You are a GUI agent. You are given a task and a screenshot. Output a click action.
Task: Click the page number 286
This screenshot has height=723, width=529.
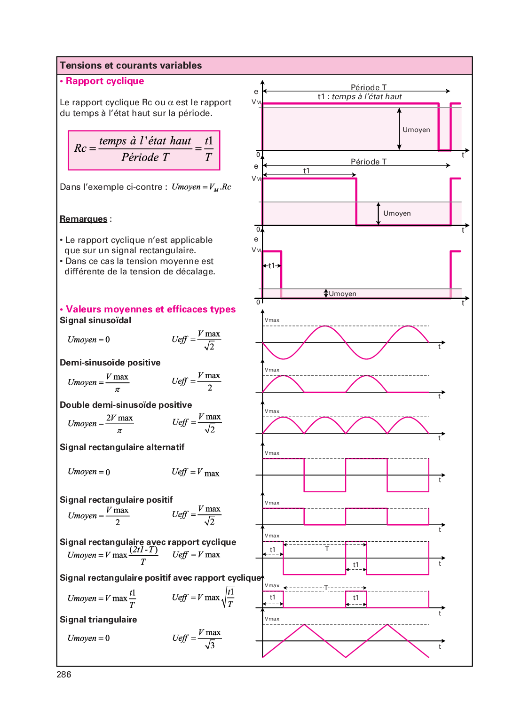64,675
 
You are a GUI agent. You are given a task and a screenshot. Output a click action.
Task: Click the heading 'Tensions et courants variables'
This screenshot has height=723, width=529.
131,65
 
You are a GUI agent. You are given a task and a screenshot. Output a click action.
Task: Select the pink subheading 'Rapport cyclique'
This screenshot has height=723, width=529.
104,81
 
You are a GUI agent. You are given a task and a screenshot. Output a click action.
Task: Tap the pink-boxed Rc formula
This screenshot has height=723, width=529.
144,150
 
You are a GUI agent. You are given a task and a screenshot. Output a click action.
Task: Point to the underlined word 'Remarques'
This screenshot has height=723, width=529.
84,219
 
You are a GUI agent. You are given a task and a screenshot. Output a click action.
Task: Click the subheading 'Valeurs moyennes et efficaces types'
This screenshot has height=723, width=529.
150,309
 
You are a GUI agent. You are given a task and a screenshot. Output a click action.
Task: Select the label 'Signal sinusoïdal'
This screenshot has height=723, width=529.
95,320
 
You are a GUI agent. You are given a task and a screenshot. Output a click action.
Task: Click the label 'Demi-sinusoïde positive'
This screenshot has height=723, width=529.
110,363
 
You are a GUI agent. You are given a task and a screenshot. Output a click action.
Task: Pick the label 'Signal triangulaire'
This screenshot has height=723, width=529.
98,620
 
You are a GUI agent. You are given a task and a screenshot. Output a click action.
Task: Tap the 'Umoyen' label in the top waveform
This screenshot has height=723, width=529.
416,130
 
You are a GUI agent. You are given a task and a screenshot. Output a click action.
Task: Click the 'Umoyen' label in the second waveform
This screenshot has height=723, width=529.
397,213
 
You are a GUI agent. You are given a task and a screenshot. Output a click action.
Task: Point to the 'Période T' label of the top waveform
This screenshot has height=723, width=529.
369,87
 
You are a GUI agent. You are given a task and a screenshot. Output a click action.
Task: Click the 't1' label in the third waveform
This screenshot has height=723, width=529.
272,265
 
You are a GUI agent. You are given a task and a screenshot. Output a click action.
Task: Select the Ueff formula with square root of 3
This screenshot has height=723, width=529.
197,638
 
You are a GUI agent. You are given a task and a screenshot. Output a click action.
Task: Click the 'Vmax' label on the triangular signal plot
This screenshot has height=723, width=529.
272,619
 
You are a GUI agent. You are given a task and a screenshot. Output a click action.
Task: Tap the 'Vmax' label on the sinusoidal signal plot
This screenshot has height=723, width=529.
272,320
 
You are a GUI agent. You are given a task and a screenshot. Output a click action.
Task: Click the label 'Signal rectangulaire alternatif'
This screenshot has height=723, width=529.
122,447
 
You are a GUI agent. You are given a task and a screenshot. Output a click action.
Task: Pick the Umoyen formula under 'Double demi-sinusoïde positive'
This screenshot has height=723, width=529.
101,423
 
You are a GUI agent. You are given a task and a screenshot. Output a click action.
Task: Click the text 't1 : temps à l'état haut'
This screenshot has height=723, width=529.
360,97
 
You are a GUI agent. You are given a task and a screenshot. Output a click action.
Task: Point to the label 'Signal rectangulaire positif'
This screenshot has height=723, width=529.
116,500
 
